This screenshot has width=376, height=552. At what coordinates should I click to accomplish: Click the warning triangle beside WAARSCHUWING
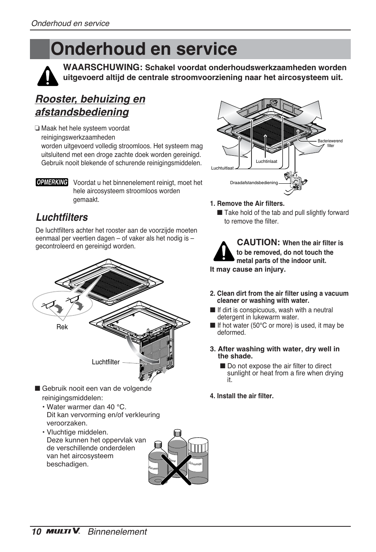[48, 76]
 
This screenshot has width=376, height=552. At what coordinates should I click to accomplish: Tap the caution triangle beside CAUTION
[223, 252]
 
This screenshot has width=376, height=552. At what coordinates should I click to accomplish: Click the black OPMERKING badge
[52, 182]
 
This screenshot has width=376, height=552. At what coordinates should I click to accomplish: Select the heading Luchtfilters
[62, 217]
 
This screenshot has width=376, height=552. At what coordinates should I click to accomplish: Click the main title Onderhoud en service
[144, 49]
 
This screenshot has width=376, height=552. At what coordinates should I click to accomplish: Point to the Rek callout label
[62, 327]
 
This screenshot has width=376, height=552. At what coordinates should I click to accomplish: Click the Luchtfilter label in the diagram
[106, 362]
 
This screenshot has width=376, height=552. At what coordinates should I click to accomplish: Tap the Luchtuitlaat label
[222, 168]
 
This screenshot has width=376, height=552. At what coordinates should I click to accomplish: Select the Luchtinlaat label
[266, 161]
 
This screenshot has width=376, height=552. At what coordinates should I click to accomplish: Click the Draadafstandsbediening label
[254, 183]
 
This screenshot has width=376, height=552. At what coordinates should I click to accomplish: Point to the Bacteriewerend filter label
[330, 143]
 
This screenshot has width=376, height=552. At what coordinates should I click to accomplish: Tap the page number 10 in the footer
[36, 531]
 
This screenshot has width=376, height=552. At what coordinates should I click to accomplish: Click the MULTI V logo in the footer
[63, 531]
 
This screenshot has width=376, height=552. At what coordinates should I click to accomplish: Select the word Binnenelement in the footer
[117, 531]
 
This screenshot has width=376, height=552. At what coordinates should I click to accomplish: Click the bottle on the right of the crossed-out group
[198, 461]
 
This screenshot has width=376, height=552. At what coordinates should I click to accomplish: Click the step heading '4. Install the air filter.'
[241, 396]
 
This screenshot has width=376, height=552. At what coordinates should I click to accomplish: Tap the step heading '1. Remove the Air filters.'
[247, 203]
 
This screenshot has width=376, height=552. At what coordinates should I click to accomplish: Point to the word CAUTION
[258, 242]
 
